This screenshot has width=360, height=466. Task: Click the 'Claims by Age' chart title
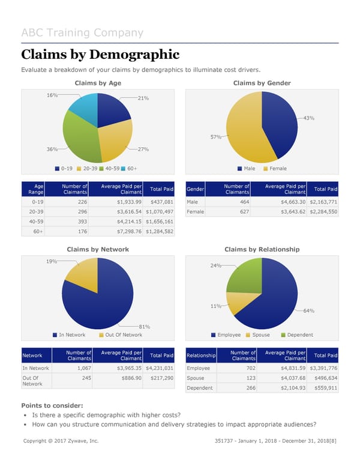point(97,83)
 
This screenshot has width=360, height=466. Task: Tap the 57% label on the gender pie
point(215,137)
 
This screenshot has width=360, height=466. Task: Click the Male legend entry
point(246,169)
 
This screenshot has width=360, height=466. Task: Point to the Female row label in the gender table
point(196,212)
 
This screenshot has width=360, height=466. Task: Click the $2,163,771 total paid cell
point(323,202)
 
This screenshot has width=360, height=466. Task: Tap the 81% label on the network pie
point(144,327)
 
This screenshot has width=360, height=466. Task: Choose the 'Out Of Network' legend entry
point(124,335)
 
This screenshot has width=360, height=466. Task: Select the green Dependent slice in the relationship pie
point(245,275)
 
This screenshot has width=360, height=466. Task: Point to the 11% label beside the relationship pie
point(215,306)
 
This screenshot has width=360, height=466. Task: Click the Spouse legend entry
point(261,335)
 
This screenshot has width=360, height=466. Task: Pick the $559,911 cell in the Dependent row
point(323,388)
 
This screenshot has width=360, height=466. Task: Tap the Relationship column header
point(201,356)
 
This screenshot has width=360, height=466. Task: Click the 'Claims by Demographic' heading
point(100,55)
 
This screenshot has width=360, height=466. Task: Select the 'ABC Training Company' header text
point(82,33)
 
